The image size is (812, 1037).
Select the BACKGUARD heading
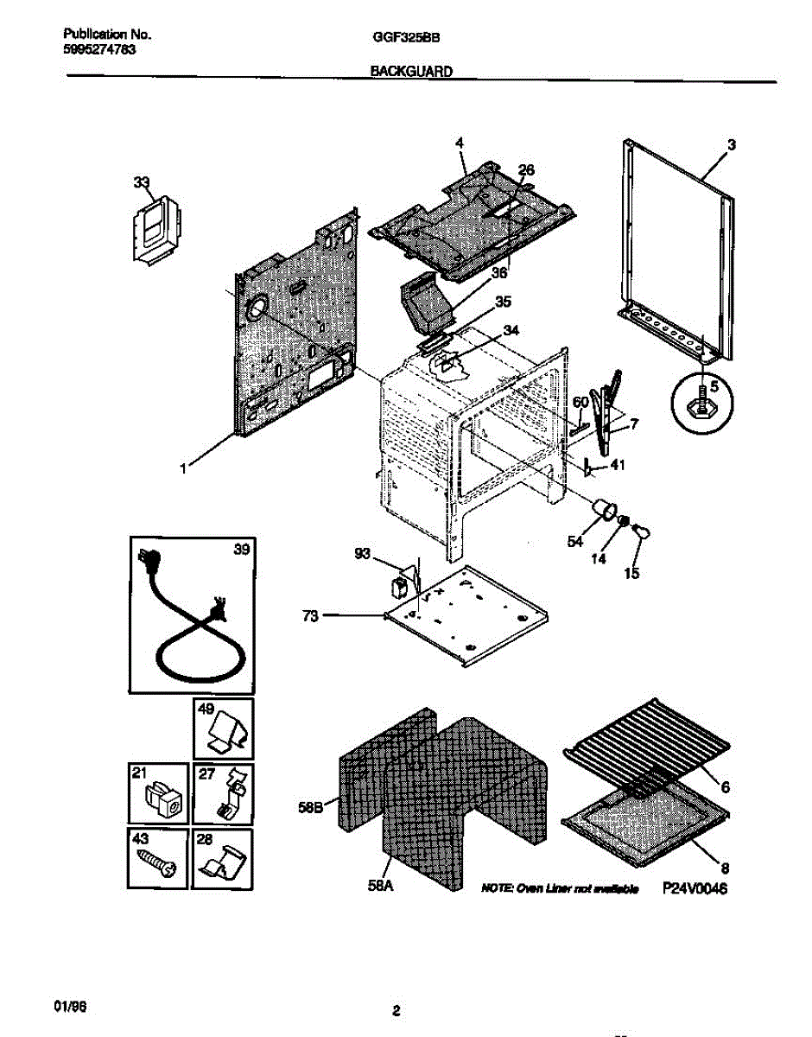(x=412, y=73)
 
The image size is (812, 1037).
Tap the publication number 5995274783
(x=99, y=50)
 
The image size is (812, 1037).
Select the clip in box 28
(x=222, y=861)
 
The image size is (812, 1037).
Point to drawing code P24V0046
(x=696, y=887)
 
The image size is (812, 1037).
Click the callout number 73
(x=311, y=616)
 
